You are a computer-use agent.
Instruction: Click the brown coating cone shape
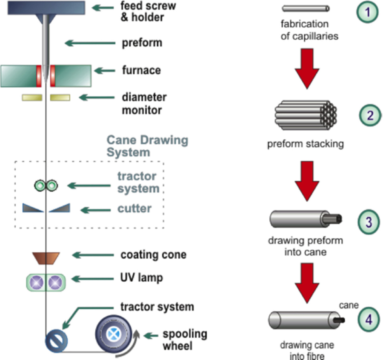[46, 257]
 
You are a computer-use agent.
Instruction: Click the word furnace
[141, 69]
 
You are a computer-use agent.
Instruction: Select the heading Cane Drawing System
[147, 146]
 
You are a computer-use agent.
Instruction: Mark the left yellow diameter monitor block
[32, 98]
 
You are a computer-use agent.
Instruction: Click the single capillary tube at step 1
[306, 8]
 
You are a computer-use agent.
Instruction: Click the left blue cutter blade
[33, 208]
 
